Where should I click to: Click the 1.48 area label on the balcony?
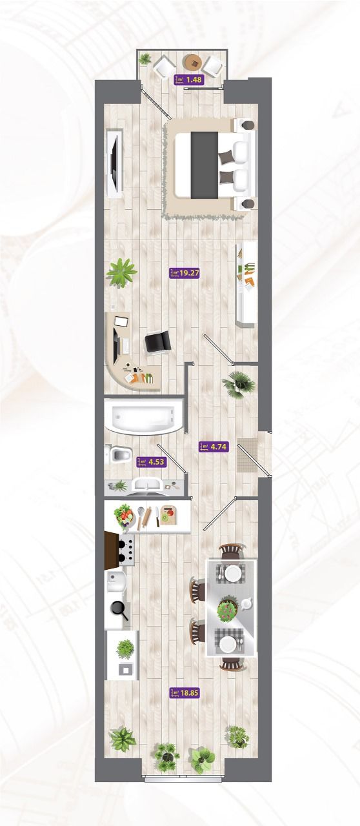coord(189,79)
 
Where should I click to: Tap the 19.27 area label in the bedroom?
coord(185,273)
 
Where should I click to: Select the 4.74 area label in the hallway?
coord(214,446)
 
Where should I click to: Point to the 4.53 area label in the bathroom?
coord(151,461)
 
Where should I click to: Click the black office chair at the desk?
coord(157,342)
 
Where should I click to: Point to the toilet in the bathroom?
coord(119,454)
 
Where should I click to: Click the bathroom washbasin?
coord(148,484)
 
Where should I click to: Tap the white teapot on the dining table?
coord(246,603)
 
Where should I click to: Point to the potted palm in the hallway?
coord(239,384)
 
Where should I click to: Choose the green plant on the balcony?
coord(145,59)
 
